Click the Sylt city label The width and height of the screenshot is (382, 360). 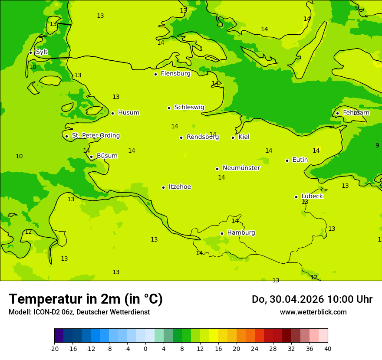(42, 52)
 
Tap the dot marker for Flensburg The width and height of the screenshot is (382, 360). (155, 74)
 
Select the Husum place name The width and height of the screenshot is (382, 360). (128, 113)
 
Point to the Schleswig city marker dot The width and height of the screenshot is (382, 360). (169, 108)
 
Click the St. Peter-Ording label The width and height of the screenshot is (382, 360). (96, 136)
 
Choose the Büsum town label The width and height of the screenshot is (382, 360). (107, 156)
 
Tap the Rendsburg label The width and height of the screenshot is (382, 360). (203, 137)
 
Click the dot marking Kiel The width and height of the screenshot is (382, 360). (233, 137)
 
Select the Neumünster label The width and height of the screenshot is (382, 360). (241, 168)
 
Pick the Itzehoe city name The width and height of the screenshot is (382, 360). (180, 187)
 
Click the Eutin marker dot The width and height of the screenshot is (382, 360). (287, 160)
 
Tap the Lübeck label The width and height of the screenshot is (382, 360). (312, 196)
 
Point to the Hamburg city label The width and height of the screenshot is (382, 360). (241, 232)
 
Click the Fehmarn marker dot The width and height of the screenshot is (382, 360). (337, 113)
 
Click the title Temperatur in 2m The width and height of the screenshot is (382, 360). (86, 299)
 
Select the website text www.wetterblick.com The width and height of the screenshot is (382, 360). (313, 312)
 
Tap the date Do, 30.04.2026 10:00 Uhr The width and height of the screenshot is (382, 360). (312, 299)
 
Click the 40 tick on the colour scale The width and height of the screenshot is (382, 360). (328, 348)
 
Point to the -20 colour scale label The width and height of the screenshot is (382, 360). (54, 348)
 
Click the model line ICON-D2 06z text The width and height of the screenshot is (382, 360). (79, 312)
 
